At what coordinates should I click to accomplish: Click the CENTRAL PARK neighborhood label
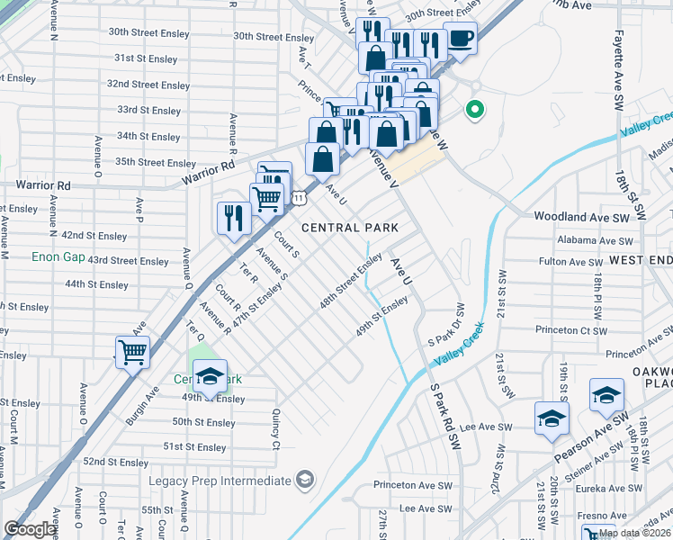point(349,228)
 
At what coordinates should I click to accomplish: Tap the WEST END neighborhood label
point(641,259)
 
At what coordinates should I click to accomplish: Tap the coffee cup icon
point(460,39)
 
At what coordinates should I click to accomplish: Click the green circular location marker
point(474,111)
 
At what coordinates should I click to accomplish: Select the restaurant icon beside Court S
point(232,217)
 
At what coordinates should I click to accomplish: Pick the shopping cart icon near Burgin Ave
point(132,351)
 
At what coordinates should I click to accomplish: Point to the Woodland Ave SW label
point(580,217)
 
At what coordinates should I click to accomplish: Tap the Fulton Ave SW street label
point(570,262)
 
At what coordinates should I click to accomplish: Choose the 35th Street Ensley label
point(155,163)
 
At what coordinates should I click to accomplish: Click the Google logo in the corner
point(31,529)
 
